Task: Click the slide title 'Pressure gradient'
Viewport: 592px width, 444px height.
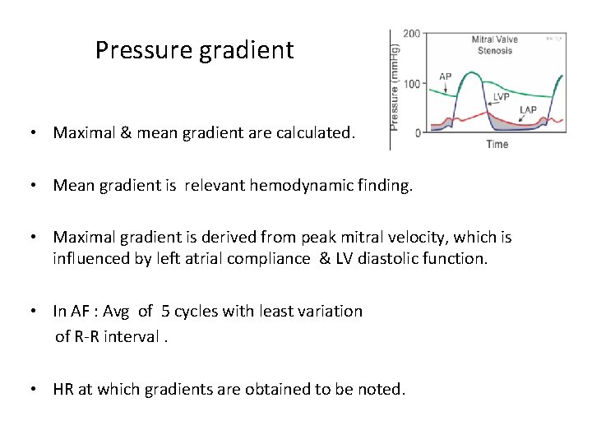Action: pyautogui.click(x=194, y=50)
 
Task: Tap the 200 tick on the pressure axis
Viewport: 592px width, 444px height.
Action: pyautogui.click(x=411, y=34)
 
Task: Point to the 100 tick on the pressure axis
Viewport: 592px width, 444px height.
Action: pyautogui.click(x=411, y=84)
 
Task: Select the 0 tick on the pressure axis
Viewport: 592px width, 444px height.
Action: pyautogui.click(x=418, y=133)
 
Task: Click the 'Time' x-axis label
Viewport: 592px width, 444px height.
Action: pyautogui.click(x=497, y=145)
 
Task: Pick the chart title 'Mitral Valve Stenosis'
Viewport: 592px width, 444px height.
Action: pyautogui.click(x=494, y=44)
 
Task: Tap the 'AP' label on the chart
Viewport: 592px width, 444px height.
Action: pyautogui.click(x=445, y=77)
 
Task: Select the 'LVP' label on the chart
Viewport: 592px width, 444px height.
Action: pyautogui.click(x=502, y=96)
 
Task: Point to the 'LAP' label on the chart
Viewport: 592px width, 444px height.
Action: pyautogui.click(x=528, y=109)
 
